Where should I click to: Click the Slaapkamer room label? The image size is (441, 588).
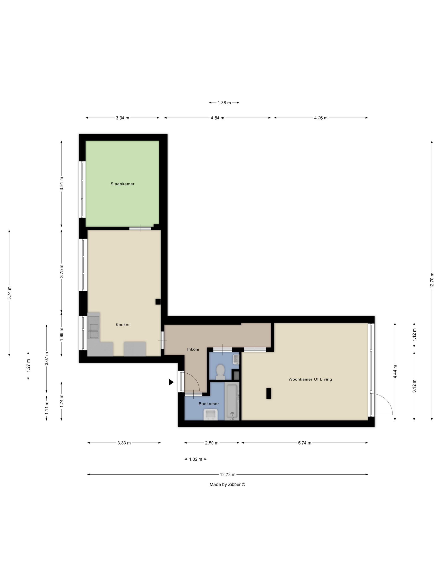(x=123, y=184)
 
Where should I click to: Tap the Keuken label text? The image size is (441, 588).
(x=123, y=325)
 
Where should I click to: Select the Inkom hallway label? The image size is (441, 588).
(x=193, y=349)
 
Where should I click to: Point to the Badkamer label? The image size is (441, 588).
(x=209, y=404)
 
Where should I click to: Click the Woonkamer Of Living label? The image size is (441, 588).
(x=310, y=379)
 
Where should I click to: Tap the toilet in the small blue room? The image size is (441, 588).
(x=220, y=372)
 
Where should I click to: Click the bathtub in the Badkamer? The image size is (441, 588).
(x=232, y=401)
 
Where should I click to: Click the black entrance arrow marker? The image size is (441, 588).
(x=171, y=382)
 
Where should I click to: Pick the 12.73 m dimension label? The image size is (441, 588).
(x=228, y=474)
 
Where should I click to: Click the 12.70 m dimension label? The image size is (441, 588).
(x=432, y=280)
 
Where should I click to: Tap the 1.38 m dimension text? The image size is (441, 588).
(x=224, y=103)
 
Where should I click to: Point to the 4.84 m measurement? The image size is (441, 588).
(x=217, y=118)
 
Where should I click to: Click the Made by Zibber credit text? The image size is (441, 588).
(x=227, y=484)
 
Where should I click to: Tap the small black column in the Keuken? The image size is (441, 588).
(x=158, y=302)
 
